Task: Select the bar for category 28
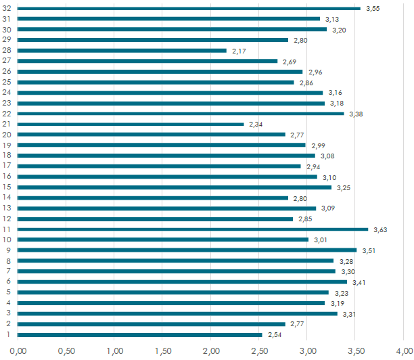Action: pos(122,50)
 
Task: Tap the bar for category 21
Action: pos(131,124)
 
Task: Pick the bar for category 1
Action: pos(140,334)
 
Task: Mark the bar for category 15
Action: pos(175,187)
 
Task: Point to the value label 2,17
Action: pos(239,51)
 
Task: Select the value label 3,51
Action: pos(369,251)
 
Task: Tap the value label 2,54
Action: pos(275,335)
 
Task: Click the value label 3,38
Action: pos(356,114)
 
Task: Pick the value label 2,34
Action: pos(256,125)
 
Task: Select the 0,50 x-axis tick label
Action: pos(66,351)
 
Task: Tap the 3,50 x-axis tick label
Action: pos(356,351)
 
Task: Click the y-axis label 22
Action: pos(7,114)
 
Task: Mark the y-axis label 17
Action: pos(7,166)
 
